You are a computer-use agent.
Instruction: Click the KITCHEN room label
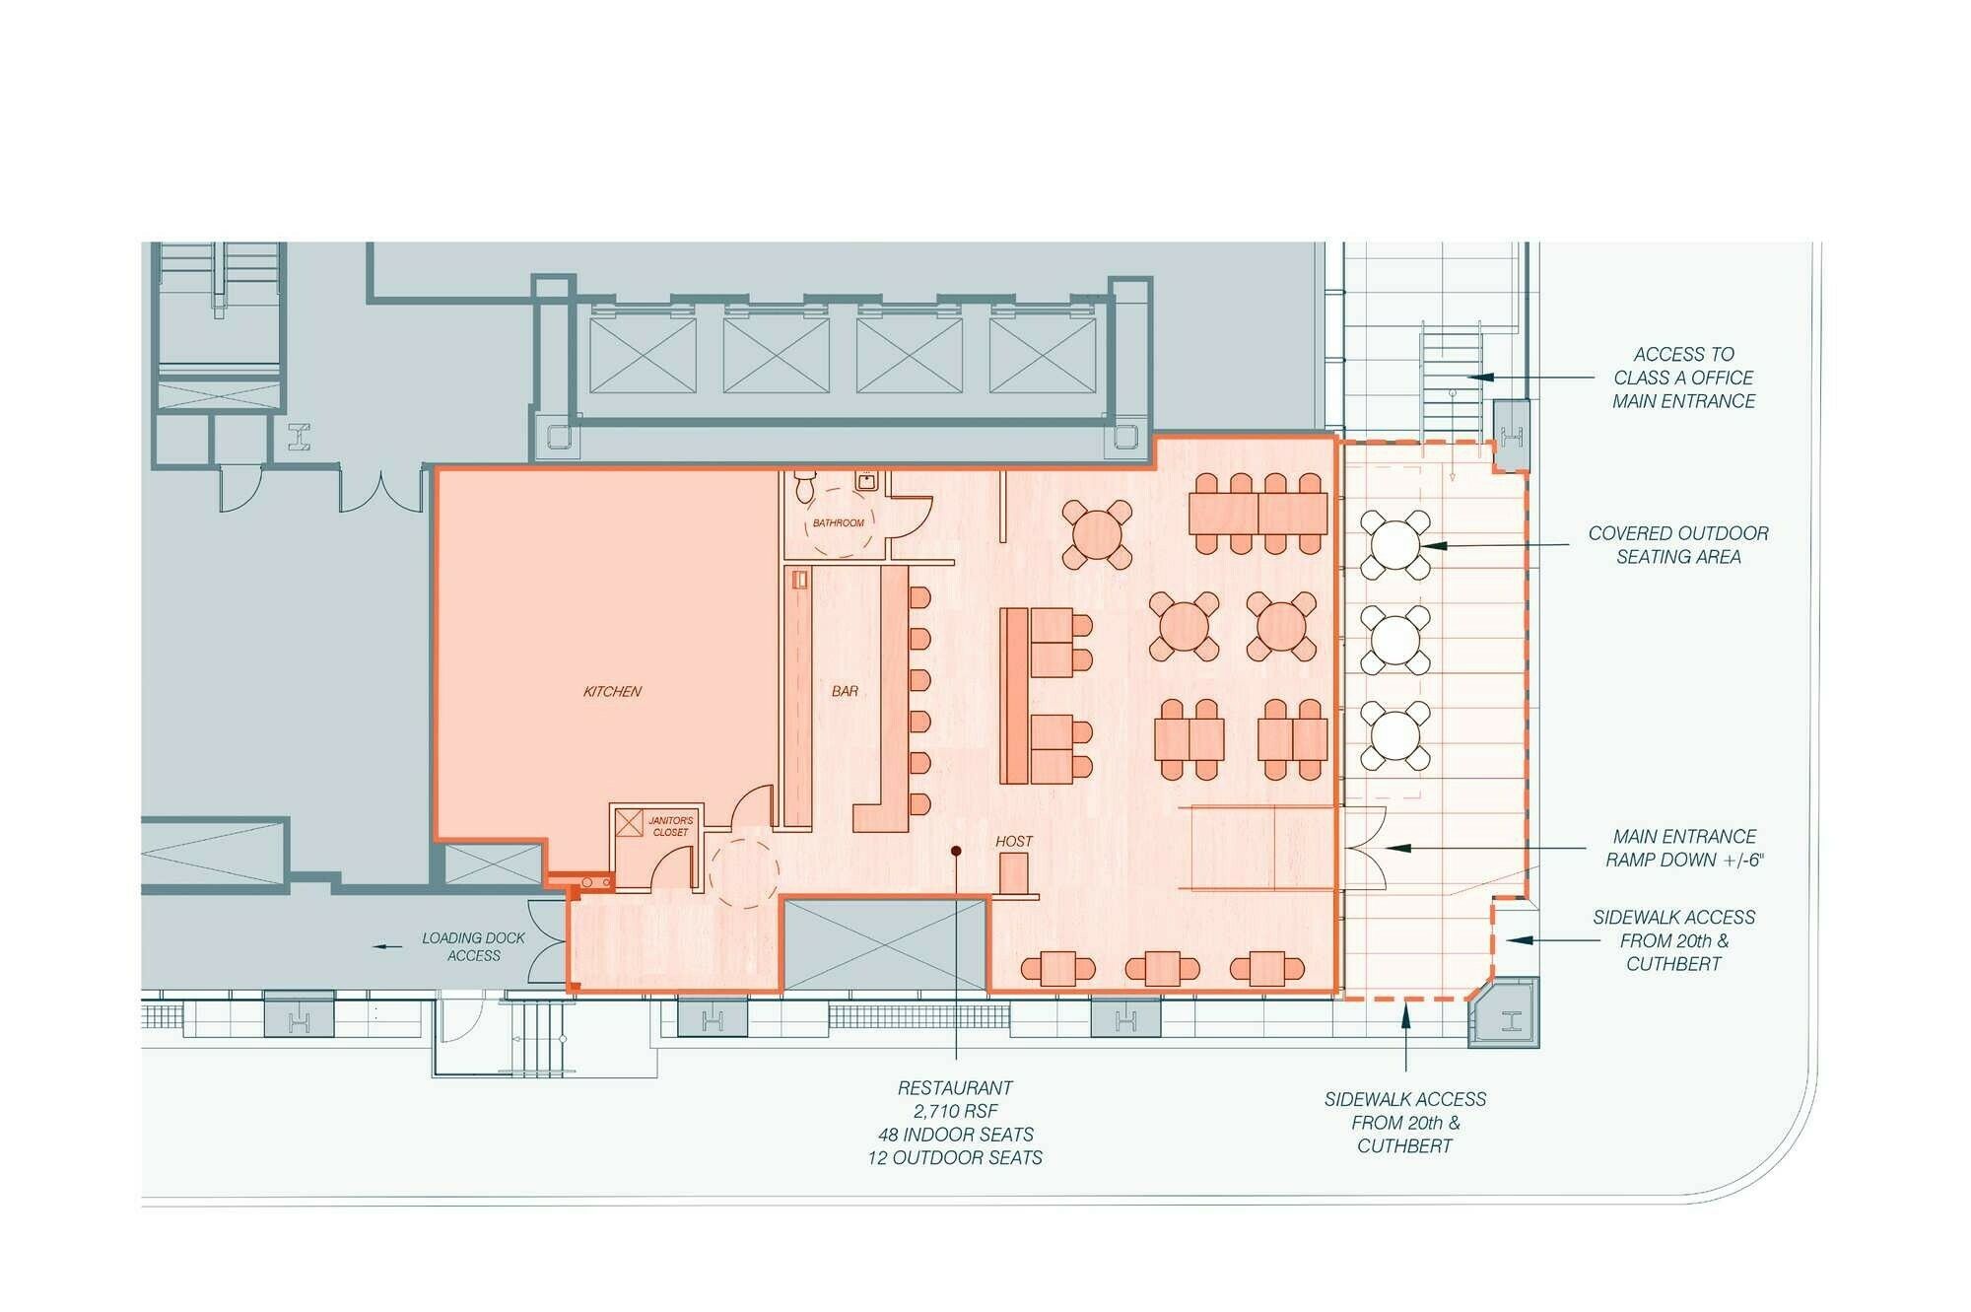coord(612,692)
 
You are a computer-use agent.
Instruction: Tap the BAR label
coord(845,692)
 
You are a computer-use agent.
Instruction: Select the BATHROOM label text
coord(839,523)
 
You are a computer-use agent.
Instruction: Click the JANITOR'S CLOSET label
coord(670,826)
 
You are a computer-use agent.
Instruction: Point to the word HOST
coord(1014,842)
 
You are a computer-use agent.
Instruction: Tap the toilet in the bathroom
coord(805,486)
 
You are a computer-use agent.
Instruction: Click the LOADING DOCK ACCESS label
coord(474,947)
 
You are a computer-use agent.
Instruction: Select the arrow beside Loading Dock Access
coord(387,947)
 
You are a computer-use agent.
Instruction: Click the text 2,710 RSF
coord(955,1111)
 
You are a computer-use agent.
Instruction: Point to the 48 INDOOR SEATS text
coord(955,1135)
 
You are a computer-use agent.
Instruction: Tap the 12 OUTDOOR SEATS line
coord(955,1158)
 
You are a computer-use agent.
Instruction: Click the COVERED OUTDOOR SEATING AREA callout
coord(1678,545)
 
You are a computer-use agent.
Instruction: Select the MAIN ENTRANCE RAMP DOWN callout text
coord(1684,848)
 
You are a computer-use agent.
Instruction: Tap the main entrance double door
coord(1365,848)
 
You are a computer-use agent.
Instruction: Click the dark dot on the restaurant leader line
coord(955,851)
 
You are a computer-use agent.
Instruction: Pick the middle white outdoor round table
coord(1394,640)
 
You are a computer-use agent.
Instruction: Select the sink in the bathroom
coord(866,482)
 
